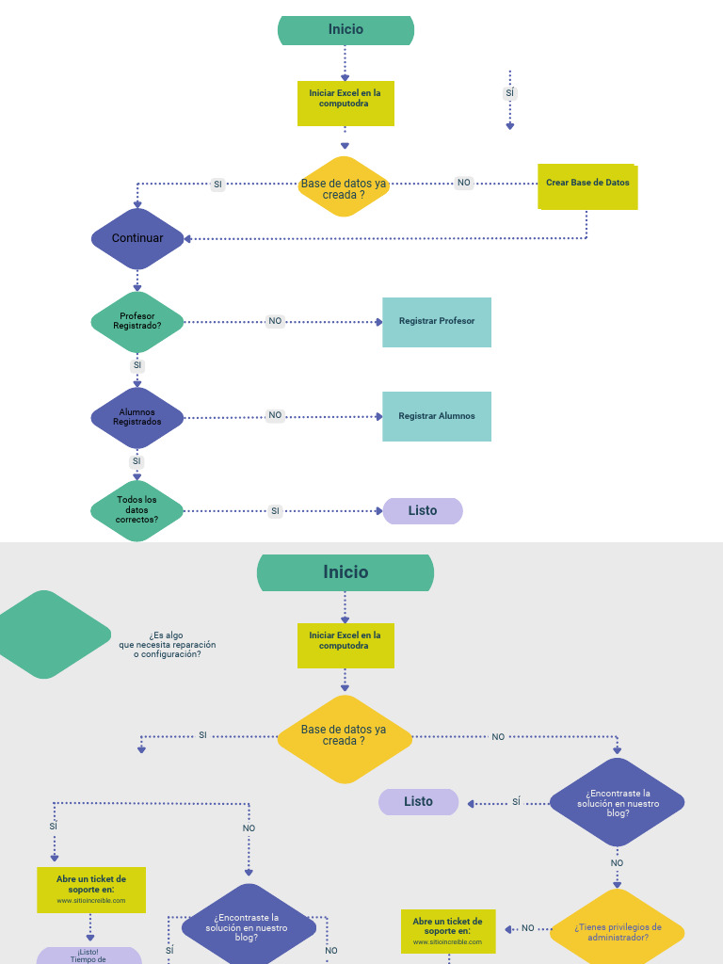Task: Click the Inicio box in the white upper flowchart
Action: (345, 30)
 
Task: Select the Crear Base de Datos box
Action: (587, 186)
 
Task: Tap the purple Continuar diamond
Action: (137, 238)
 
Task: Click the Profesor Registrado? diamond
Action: (137, 321)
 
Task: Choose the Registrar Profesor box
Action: (437, 322)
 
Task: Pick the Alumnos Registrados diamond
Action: (137, 416)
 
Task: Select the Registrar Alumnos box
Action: (437, 416)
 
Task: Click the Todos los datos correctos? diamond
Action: (137, 510)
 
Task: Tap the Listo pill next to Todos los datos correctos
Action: (423, 510)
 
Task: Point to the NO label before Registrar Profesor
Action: (275, 321)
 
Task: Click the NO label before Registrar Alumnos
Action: (275, 415)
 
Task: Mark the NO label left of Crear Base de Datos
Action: (464, 183)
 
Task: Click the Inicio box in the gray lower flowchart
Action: (345, 572)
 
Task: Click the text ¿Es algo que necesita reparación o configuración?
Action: (168, 644)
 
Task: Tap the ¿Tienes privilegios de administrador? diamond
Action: (618, 932)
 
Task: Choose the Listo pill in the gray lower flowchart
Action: (419, 802)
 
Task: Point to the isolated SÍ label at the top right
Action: (510, 93)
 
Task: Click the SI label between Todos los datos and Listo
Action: (275, 511)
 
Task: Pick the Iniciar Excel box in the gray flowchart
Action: (345, 645)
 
